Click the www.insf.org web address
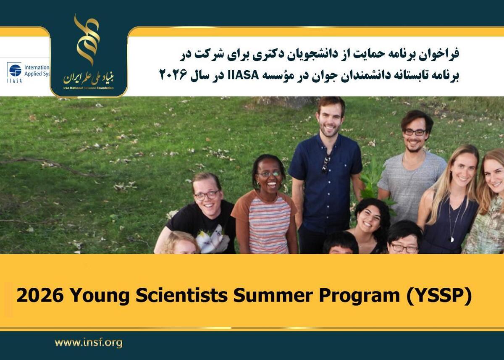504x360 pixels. [89, 343]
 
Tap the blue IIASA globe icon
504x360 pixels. [15, 70]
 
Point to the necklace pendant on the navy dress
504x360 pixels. [452, 239]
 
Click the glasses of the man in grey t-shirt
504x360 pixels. [414, 132]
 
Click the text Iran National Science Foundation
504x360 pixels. [89, 88]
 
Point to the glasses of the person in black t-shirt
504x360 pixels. [207, 195]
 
